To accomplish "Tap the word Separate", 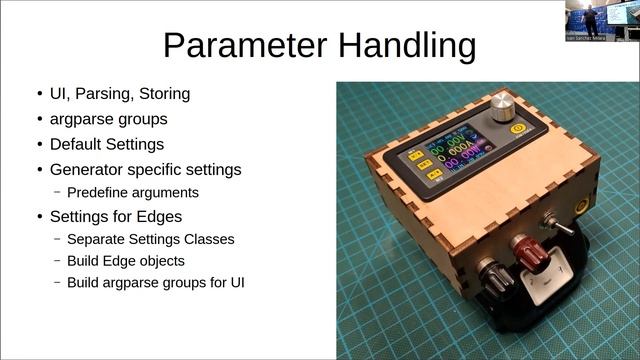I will pyautogui.click(x=99, y=240).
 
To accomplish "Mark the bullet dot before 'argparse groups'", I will pyautogui.click(x=40, y=119).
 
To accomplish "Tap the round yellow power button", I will pyautogui.click(x=517, y=130).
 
